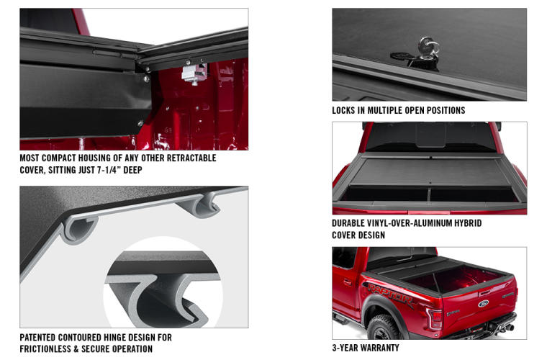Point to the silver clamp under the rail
point(194,73)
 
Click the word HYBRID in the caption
point(465,223)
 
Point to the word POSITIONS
point(441,111)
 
